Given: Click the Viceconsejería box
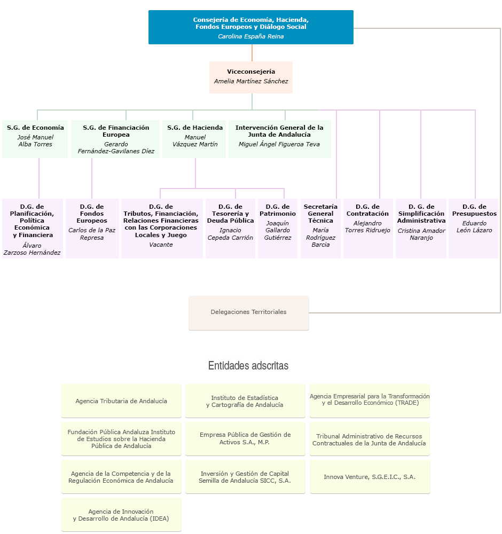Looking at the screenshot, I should pos(251,77).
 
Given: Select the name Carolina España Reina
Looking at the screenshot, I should pos(251,36).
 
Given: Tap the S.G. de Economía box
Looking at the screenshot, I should pos(35,138).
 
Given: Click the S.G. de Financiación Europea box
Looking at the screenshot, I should pos(116,138).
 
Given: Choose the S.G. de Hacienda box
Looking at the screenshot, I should pos(194,138).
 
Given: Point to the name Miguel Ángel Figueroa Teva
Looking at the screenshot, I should pos(279,144).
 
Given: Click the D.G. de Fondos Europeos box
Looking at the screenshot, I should pos(92,228).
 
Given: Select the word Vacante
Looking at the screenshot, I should pos(161,245).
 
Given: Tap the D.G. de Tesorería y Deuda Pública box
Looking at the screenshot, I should pos(230,228).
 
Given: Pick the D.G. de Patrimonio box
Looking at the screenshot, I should pos(278,228).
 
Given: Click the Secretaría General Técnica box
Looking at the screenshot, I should pos(320,228).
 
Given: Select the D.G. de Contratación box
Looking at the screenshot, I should pos(368,228).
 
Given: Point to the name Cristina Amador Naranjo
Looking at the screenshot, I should pos(421,234).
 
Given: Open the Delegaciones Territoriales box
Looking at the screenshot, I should pos(249,312).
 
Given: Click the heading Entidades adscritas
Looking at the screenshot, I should pos(248,366).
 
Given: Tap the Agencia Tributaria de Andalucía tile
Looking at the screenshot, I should pos(121,401).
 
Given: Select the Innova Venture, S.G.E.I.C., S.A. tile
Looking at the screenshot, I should pos(370,477).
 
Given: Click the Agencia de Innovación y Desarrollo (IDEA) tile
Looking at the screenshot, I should pos(121,515).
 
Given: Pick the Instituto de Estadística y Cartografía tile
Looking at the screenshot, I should pos(245,401).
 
